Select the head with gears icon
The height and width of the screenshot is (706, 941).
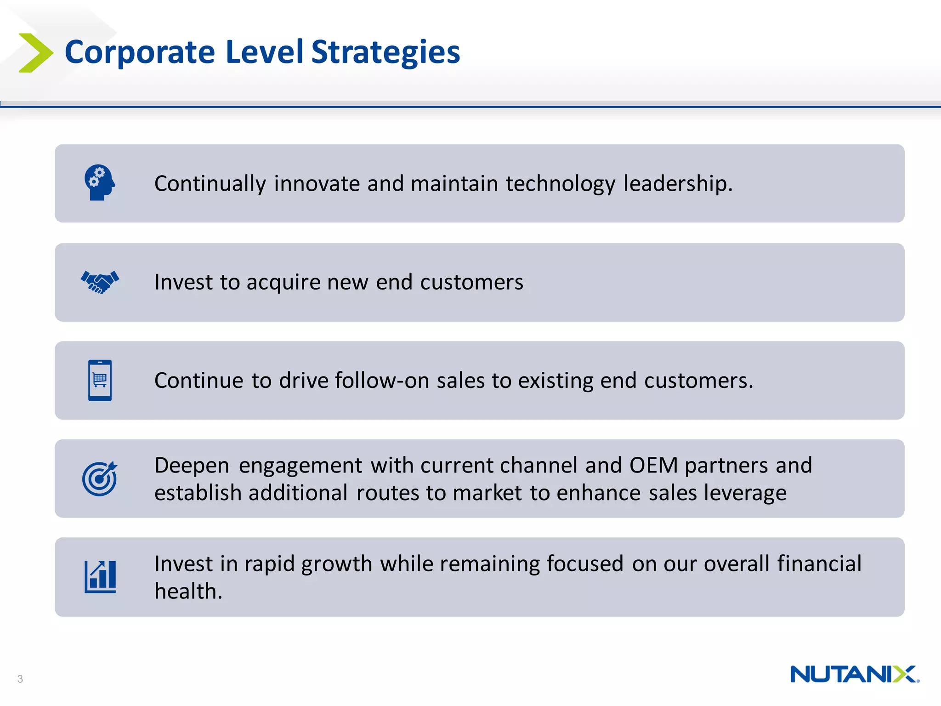pos(99,182)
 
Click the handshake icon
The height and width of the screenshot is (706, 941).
pos(100,282)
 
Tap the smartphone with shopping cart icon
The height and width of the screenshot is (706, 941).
pos(100,380)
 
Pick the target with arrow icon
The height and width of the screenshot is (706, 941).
pos(100,478)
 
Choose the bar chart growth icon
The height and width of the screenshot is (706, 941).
pos(100,577)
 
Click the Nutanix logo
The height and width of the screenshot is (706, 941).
pos(854,674)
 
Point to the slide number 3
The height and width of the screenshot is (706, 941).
pos(20,679)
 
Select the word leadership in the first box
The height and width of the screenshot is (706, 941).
pos(677,183)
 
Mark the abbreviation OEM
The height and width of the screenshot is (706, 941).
pos(653,465)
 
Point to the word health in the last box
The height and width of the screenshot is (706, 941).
pos(187,591)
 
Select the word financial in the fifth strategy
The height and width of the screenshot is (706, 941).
pos(819,564)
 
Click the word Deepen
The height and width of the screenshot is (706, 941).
pos(192,465)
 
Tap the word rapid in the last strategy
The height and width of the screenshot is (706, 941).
pos(269,564)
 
